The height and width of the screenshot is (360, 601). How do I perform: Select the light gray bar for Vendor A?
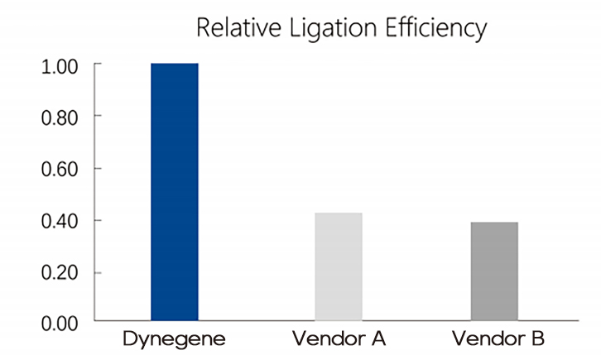click(x=339, y=266)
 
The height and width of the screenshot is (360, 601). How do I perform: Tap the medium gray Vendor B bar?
click(x=494, y=271)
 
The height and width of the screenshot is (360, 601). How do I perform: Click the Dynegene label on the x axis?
click(x=174, y=339)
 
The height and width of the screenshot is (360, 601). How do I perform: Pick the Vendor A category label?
click(x=339, y=339)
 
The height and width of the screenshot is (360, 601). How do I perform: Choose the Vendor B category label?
click(x=494, y=339)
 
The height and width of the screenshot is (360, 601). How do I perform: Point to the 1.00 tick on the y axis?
click(x=59, y=65)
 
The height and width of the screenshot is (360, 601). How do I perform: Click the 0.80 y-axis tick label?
click(x=59, y=117)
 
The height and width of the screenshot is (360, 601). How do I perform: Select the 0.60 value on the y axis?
click(x=59, y=169)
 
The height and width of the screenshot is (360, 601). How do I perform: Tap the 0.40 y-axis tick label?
click(x=59, y=221)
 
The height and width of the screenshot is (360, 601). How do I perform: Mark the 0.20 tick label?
click(x=59, y=272)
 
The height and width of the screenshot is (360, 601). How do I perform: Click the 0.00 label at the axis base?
click(x=59, y=322)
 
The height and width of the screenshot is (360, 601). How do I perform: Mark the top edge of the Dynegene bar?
click(x=174, y=64)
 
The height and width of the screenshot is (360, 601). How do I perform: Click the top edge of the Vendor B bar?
click(x=494, y=223)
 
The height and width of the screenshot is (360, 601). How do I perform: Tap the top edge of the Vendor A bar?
click(x=339, y=214)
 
